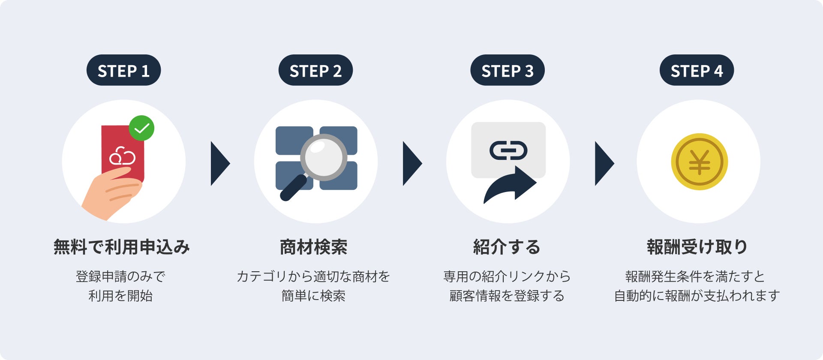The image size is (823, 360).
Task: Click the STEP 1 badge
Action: pos(123,70)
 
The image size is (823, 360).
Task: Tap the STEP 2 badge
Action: pos(315,70)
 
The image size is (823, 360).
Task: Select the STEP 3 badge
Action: pos(508,70)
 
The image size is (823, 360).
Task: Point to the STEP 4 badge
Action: pos(697,70)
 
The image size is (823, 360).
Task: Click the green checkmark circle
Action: pos(141,128)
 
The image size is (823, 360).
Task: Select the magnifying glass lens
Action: pos(324,157)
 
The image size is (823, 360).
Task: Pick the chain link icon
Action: pos(508,150)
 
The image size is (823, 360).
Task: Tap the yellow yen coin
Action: pos(699,162)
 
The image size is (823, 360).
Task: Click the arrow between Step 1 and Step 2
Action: pos(220,163)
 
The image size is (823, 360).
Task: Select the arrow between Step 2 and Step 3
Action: pos(412,163)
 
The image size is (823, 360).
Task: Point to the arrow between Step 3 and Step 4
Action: pos(604,163)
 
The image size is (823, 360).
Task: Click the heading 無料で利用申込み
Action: pos(122,247)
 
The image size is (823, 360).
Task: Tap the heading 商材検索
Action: pos(313,247)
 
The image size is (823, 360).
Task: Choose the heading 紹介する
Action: pos(507,247)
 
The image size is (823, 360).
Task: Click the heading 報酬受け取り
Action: pos(697,247)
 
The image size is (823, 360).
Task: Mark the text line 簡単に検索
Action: pos(313,296)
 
